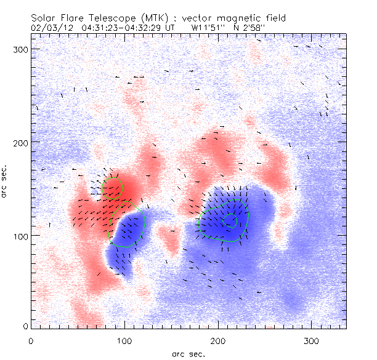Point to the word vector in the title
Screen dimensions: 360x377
pyautogui.click(x=197, y=18)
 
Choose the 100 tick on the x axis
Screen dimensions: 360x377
pyautogui.click(x=124, y=340)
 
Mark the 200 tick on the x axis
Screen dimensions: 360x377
pyautogui.click(x=218, y=340)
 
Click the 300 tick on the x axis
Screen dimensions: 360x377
pyautogui.click(x=312, y=340)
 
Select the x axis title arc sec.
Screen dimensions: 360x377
pyautogui.click(x=188, y=353)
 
